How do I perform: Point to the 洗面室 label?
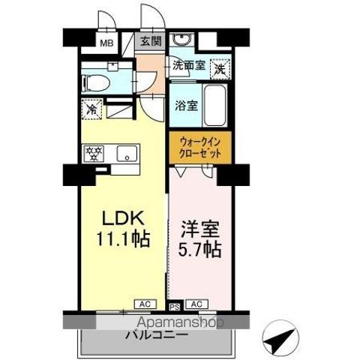point(187,66)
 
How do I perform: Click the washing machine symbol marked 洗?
point(220,67)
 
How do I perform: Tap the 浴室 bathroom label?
point(187,105)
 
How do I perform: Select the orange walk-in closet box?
point(200,145)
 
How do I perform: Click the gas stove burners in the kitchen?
point(96,153)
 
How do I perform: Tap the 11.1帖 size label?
point(121,241)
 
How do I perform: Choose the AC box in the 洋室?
point(196,304)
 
